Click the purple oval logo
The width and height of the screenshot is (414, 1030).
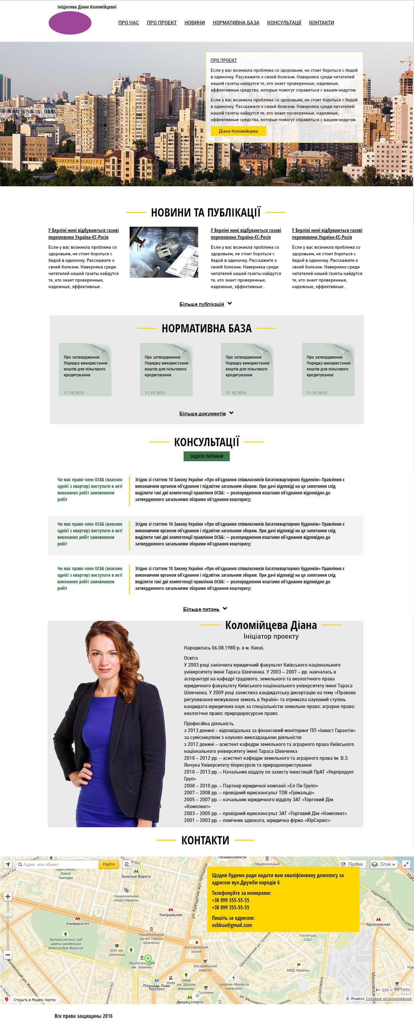coord(70,23)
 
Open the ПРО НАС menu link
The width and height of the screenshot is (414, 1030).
coord(128,23)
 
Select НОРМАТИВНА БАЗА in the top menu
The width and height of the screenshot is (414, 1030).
coord(236,23)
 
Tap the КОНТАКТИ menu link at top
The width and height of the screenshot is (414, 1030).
coord(321,23)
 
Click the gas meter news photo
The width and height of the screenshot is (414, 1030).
coord(164,252)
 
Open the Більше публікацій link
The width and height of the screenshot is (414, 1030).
coord(202,304)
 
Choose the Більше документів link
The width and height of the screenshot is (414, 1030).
coord(203,413)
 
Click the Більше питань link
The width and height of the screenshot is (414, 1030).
coord(201,609)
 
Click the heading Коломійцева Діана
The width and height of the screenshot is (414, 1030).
coord(271,625)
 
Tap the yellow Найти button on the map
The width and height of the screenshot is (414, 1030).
coord(109,864)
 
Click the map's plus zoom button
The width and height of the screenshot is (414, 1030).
coord(8,896)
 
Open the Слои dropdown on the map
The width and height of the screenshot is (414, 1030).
coord(384,864)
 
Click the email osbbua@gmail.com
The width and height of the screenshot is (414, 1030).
coord(232,925)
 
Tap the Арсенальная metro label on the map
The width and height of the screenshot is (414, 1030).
coord(378,924)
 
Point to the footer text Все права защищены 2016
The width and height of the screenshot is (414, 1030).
coord(84,1016)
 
